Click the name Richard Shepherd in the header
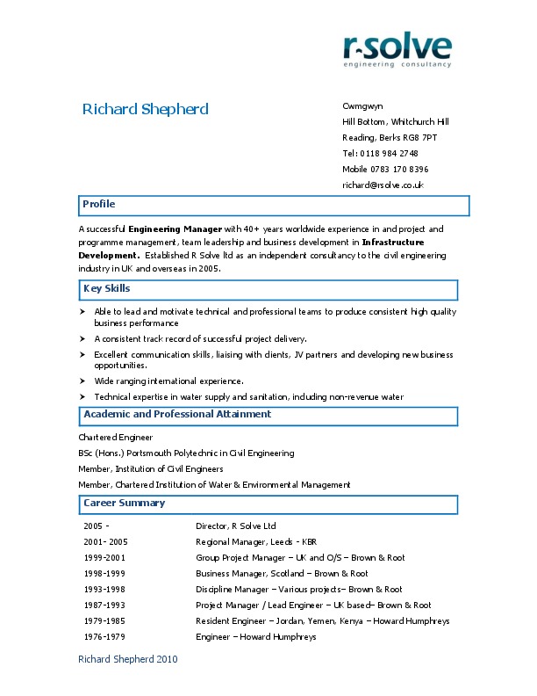(x=145, y=109)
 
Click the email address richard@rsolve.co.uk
(x=383, y=185)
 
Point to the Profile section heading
(x=98, y=204)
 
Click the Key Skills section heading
(x=106, y=288)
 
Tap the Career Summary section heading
(x=124, y=503)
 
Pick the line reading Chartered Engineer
(x=116, y=437)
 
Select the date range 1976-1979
(x=104, y=636)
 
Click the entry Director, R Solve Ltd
(x=235, y=526)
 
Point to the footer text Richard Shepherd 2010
(x=128, y=658)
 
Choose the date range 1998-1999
(x=104, y=573)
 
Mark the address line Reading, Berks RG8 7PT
(x=390, y=137)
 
